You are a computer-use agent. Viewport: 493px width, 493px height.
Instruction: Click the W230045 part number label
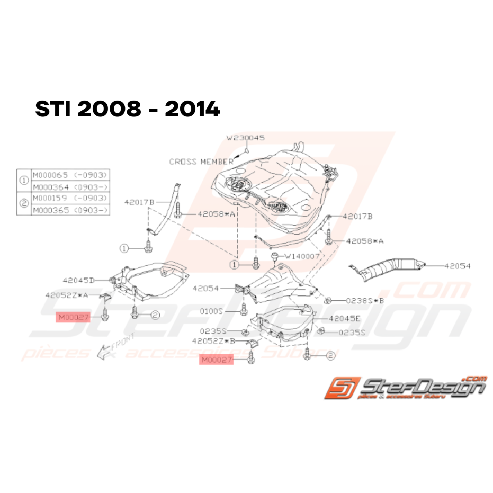[x=246, y=138]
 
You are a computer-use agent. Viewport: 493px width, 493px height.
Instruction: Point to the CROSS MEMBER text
[x=201, y=162]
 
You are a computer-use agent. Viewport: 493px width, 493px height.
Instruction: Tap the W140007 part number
[x=303, y=256]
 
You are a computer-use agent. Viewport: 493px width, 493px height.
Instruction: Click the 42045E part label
[x=345, y=319]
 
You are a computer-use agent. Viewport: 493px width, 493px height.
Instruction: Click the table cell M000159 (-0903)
[x=70, y=199]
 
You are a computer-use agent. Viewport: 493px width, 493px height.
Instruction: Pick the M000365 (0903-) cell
[x=70, y=210]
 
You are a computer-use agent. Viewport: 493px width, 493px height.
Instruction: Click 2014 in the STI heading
[x=192, y=110]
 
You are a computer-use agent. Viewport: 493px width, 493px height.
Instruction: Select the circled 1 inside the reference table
[x=24, y=181]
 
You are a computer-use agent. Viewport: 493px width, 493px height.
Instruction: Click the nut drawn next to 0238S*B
[x=328, y=300]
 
